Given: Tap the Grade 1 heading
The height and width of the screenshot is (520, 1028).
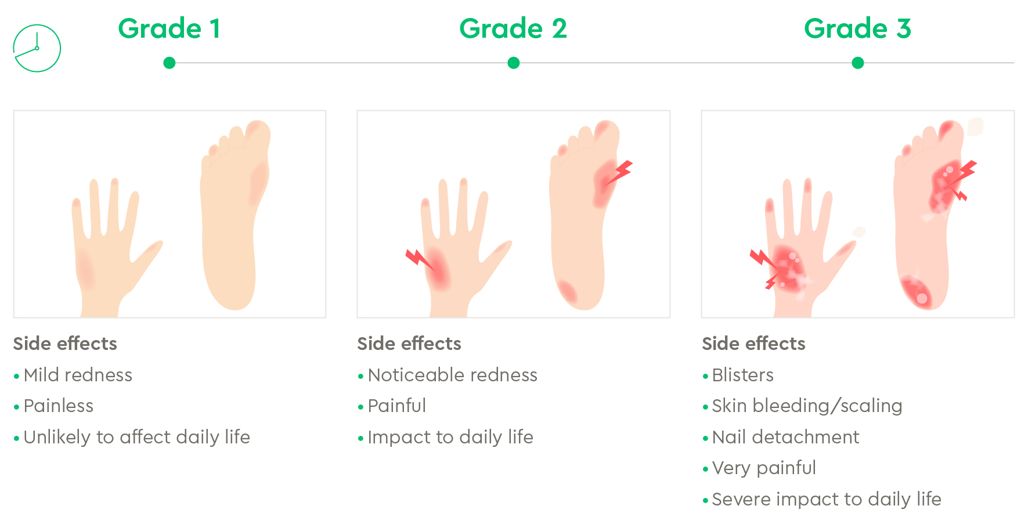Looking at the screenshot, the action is pos(169,28).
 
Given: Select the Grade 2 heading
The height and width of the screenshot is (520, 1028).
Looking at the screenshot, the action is pos(513,28).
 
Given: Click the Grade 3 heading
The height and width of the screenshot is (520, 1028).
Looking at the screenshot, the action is pos(857,28).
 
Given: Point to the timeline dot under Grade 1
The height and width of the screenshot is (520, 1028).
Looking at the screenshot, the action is pos(169,63).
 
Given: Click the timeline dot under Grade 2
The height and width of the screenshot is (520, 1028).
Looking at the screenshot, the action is pos(514,63).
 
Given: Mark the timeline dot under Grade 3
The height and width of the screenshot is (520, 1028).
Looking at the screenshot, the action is pos(858,63).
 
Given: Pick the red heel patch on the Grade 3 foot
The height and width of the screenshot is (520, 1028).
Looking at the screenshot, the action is pos(916,292).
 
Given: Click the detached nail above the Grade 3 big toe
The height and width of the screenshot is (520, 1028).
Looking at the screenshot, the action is pos(975,127).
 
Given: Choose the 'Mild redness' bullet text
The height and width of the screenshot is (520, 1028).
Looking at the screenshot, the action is pos(78,375).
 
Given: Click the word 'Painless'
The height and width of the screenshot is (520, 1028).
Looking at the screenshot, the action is pos(59,406).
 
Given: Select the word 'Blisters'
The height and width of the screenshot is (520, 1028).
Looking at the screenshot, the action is pos(743,375).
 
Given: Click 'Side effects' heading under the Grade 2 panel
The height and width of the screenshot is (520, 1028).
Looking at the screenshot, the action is pos(409,344).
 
